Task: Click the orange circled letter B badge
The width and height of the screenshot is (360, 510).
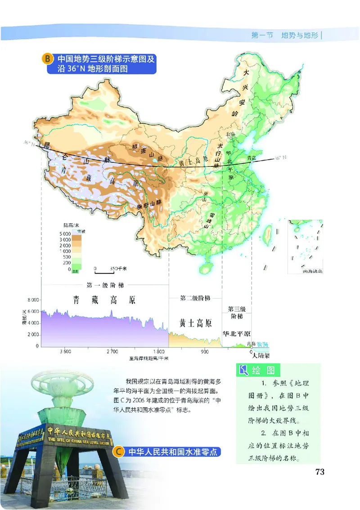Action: [x=47, y=59]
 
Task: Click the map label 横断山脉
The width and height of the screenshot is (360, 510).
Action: [x=149, y=205]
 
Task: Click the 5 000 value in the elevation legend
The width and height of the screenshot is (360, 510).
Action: [x=65, y=234]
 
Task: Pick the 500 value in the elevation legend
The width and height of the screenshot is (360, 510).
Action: [x=66, y=257]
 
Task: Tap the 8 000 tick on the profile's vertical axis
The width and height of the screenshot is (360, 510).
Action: [x=34, y=300]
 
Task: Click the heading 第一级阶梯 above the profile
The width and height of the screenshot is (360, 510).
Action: [x=105, y=285]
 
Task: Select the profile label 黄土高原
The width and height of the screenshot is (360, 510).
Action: [x=195, y=323]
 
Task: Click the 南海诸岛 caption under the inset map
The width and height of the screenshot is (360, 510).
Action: [x=307, y=271]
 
